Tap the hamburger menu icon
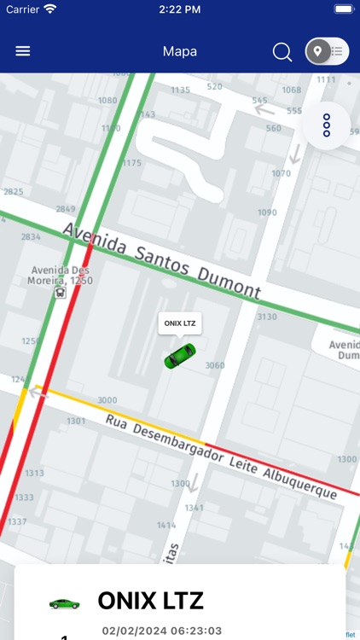coord(23,51)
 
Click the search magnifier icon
coord(282,52)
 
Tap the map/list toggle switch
coord(327,51)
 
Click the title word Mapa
coord(180,51)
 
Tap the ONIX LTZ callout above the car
coord(180,323)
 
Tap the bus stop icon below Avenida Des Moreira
coord(60,293)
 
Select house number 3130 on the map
coord(267,317)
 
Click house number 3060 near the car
coord(215,365)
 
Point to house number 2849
coord(66,209)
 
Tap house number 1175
coord(132,163)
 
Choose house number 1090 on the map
coord(267,212)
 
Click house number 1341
coord(195,507)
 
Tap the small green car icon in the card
coord(64,603)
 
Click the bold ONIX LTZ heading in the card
coord(151,601)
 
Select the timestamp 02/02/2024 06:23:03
coord(163,631)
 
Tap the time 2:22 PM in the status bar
coord(179,9)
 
